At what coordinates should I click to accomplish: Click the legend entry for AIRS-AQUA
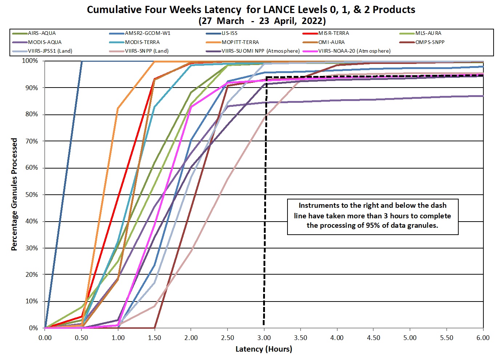click(x=42, y=33)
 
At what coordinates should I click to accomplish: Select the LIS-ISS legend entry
click(x=229, y=33)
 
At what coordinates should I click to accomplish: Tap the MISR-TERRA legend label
click(x=333, y=33)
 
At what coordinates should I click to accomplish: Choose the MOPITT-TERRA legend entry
click(x=240, y=42)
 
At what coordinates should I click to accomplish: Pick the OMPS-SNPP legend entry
click(x=430, y=42)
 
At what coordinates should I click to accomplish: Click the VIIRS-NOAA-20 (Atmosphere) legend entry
click(x=354, y=51)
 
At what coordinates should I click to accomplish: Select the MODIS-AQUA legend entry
click(x=45, y=42)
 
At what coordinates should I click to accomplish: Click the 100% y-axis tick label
click(x=30, y=61)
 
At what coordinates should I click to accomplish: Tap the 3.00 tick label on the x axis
click(x=264, y=338)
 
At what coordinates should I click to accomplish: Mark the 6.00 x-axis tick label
click(x=483, y=338)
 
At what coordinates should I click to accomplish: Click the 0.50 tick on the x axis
click(x=81, y=338)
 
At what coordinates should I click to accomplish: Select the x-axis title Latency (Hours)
click(x=264, y=349)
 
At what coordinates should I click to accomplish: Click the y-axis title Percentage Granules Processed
click(x=14, y=194)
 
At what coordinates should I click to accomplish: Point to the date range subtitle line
click(x=262, y=21)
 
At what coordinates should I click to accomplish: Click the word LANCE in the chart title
click(x=278, y=9)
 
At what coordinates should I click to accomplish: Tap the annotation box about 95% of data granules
click(x=373, y=216)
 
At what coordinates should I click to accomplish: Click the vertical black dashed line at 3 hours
click(x=265, y=203)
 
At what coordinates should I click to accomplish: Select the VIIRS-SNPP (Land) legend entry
click(x=146, y=51)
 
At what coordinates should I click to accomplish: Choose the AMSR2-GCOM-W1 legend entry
click(x=147, y=33)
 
